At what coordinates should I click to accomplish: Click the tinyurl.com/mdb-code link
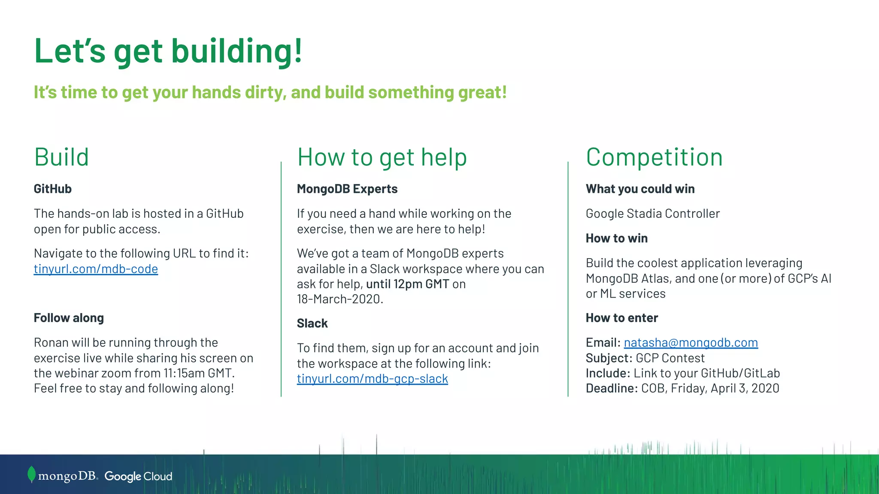(x=96, y=269)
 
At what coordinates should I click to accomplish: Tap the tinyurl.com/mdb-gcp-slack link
(x=372, y=379)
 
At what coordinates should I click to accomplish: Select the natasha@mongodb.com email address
(x=691, y=343)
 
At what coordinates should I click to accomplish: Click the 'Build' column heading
(x=61, y=157)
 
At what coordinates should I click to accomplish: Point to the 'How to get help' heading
(x=382, y=157)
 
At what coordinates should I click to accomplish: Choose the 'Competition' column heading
(x=654, y=157)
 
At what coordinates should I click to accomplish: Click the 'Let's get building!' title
(x=168, y=51)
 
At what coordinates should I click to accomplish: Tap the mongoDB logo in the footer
(x=63, y=476)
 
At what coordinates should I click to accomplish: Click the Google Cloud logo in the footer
(x=138, y=476)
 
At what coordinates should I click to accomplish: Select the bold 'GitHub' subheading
(x=52, y=189)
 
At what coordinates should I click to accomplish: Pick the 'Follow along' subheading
(x=69, y=318)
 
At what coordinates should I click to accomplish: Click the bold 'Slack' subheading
(x=312, y=323)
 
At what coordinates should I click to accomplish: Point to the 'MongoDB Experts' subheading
(x=347, y=189)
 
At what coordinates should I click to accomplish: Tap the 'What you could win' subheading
(x=640, y=189)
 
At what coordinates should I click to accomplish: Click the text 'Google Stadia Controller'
(x=652, y=214)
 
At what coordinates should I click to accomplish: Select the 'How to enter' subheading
(x=621, y=318)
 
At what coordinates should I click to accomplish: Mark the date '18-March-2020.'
(x=340, y=299)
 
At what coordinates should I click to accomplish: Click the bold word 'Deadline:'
(x=612, y=389)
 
